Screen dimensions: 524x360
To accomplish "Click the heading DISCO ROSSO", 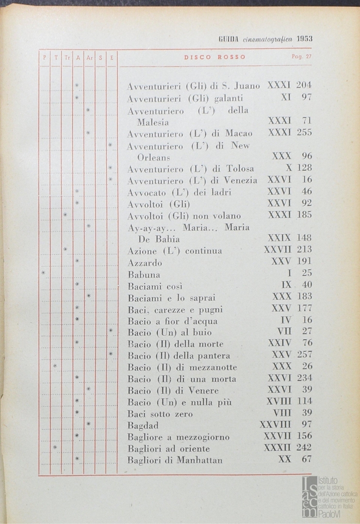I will [x=214, y=57].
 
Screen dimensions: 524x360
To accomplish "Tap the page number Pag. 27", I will [x=301, y=57].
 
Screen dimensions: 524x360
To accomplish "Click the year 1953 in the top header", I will [x=304, y=39].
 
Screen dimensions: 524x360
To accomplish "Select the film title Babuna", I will [x=145, y=275].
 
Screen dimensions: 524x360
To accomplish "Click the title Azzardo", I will [x=145, y=263].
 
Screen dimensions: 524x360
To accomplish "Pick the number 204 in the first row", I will [x=304, y=85].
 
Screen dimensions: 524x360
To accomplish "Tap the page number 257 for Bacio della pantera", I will [x=304, y=355].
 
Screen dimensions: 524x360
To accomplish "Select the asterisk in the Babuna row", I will [x=43, y=273].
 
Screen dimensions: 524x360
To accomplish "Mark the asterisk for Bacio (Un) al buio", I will [x=111, y=331].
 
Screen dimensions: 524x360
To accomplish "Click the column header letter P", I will [x=44, y=57].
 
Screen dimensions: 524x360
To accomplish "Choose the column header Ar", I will [x=89, y=57].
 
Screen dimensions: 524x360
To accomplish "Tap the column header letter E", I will [x=112, y=57].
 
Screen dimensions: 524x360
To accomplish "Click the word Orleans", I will [x=153, y=158].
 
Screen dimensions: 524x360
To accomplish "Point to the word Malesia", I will [x=153, y=122].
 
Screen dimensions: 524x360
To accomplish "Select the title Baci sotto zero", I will [x=160, y=414].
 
